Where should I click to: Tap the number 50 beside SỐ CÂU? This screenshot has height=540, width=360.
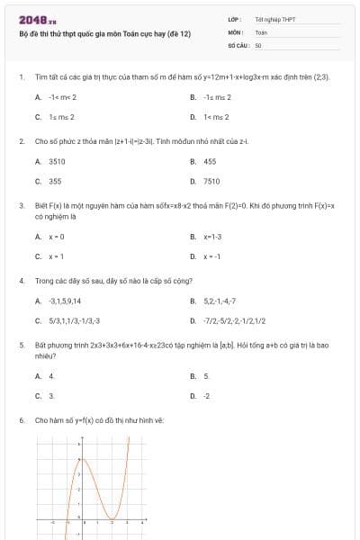pos(258,44)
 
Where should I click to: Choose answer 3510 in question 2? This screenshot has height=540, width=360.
pos(57,161)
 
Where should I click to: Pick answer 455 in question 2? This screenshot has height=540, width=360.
pos(210,161)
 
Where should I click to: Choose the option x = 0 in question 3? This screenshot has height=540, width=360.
pos(57,237)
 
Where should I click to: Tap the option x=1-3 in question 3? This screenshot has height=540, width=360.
pos(212,237)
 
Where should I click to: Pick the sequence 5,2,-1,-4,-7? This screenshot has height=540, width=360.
pos(220,301)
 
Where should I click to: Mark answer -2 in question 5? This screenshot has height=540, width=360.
pos(207,395)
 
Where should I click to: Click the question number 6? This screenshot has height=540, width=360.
pos(21,420)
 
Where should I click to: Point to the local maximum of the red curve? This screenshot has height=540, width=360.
pos(81,459)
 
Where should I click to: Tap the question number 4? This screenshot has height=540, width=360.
pos(21,281)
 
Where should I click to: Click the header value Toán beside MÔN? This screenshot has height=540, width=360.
pos(261,31)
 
